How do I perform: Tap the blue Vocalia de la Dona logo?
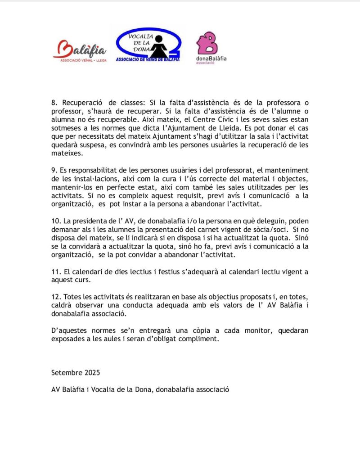[148, 45]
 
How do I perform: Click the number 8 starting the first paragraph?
[53, 104]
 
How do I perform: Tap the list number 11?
[55, 272]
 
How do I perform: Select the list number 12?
[55, 297]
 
